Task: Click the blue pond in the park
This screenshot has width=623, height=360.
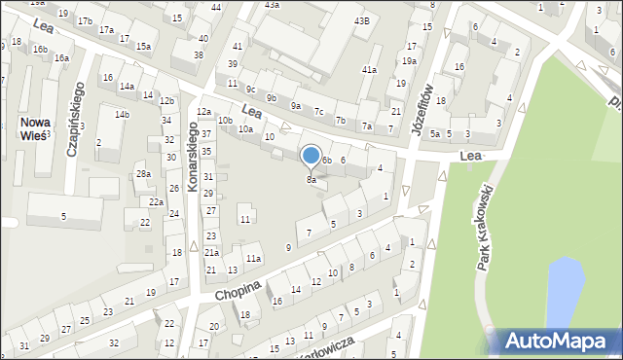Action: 565,292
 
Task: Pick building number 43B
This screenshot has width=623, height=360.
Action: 362,20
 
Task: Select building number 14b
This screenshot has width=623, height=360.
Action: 122,115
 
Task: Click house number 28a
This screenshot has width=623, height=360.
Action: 143,173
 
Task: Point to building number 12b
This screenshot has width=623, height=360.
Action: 166,101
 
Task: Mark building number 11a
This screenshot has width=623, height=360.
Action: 253,258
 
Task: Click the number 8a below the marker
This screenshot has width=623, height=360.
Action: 311,180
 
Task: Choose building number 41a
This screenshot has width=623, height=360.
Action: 369,70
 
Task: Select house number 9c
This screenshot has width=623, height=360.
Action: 250,89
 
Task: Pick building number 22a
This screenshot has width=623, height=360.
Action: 156,201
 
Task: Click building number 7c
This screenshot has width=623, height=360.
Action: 318,111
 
